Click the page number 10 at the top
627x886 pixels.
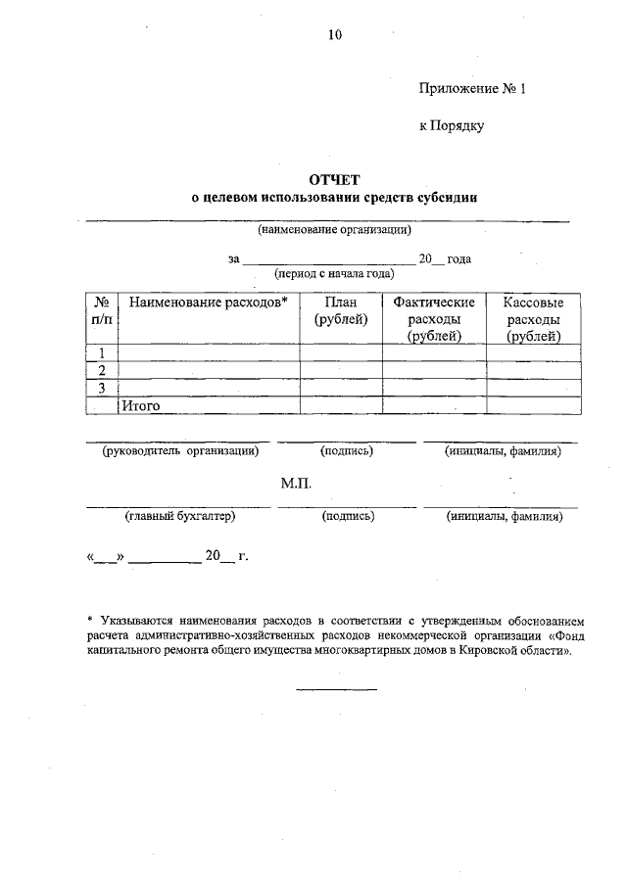[335, 35]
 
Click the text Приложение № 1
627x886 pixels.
[472, 88]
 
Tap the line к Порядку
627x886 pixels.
[452, 125]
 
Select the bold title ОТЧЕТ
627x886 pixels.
[335, 179]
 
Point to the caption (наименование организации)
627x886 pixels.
[334, 231]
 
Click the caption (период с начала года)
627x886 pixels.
[334, 274]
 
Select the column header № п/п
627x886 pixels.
[101, 311]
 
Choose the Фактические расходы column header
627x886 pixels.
[434, 319]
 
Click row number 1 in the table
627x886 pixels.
[101, 353]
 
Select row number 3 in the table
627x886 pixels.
[101, 388]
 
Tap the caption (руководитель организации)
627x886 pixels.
[181, 451]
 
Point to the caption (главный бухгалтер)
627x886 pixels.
[179, 516]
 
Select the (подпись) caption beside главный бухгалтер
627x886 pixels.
[348, 516]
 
